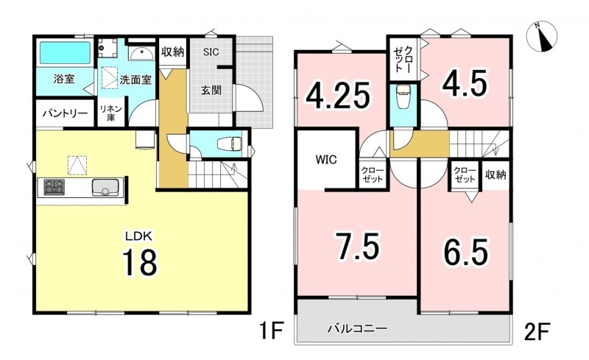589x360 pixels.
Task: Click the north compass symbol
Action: pos(541,37)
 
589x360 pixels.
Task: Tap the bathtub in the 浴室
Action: pos(66,53)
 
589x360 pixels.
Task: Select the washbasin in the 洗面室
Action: pos(141,54)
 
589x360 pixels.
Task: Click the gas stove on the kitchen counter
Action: pos(54,187)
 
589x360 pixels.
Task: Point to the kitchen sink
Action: pos(105,188)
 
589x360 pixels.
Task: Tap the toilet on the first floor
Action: pos(230,143)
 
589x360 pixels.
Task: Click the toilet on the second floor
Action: pos(403,97)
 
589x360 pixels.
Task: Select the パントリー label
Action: pos(65,113)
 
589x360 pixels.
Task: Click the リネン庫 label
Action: pos(110,113)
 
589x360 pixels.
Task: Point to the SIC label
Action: pos(211,52)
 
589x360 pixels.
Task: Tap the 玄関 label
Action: pos(211,91)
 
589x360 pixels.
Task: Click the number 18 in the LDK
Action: pos(139,262)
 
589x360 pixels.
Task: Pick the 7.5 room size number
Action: pos(358,246)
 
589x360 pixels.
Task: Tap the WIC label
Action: pos(326,160)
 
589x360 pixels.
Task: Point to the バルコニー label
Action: pos(357,329)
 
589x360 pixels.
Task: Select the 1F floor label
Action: pos(270,331)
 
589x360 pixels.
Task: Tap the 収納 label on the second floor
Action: pos(495,174)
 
